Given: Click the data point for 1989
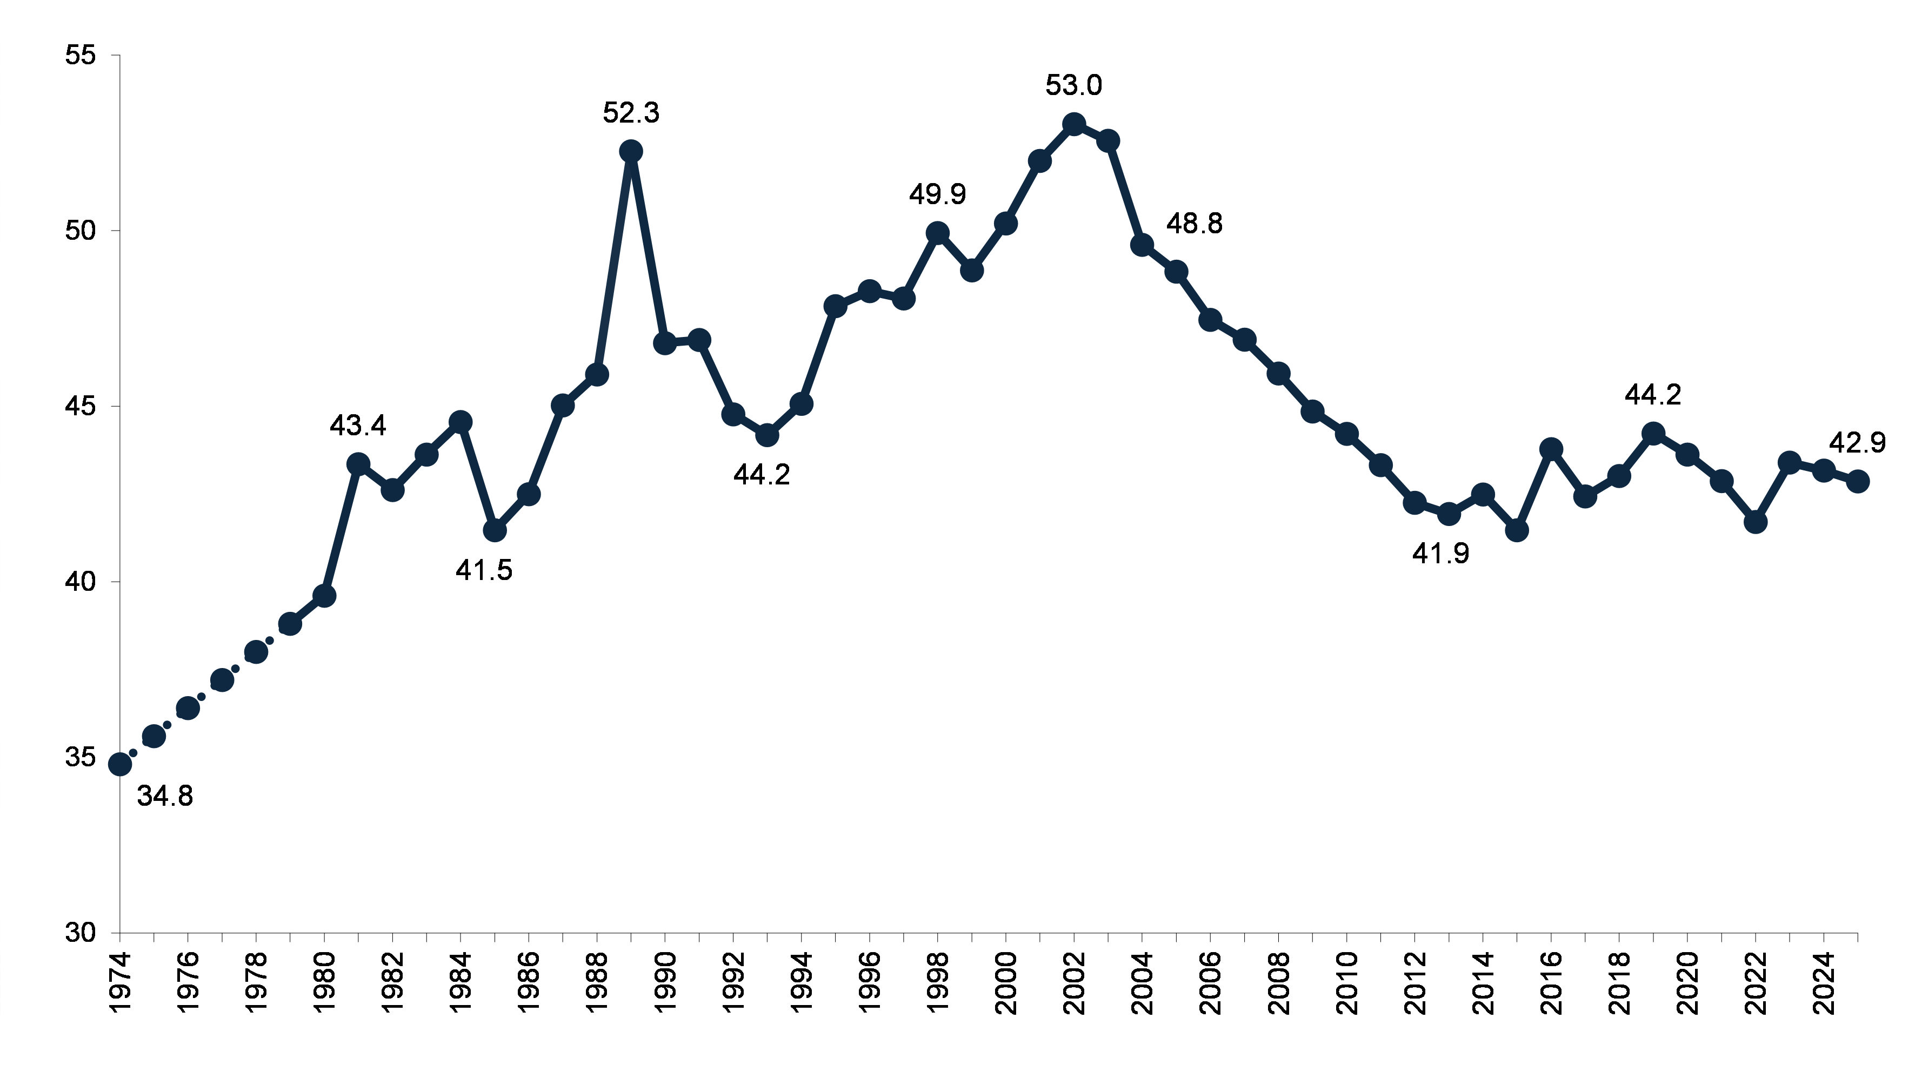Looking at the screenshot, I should (x=630, y=152).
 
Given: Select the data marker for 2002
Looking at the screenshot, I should (x=1073, y=123).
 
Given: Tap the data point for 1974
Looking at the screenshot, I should (x=119, y=764).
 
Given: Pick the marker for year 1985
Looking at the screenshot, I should (x=495, y=530).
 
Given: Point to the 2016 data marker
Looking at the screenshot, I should (x=1551, y=449).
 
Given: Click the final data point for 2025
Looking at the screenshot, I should (x=1858, y=481).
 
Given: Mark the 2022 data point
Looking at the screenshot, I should (x=1755, y=522).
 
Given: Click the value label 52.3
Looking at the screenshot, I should (x=630, y=113).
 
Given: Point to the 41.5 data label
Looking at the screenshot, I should (x=484, y=570).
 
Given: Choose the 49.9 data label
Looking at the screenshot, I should (x=937, y=194).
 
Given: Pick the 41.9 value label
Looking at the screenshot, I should (x=1440, y=554).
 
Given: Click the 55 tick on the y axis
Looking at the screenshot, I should (x=81, y=56).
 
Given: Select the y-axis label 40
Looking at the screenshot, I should (x=81, y=582).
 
